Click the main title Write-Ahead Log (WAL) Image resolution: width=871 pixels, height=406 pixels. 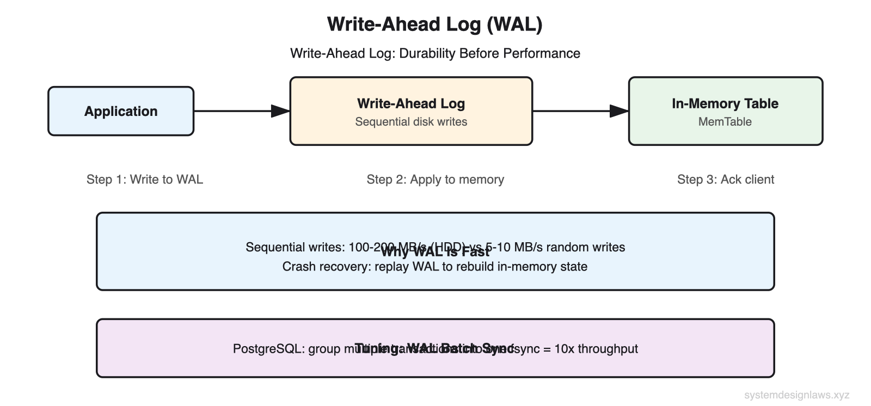(434, 24)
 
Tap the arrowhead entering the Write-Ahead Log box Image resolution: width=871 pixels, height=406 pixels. (281, 111)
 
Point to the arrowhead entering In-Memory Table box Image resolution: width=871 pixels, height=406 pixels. (619, 111)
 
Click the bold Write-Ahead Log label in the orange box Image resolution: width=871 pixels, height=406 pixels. (411, 103)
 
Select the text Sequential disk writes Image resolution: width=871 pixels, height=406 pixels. (411, 122)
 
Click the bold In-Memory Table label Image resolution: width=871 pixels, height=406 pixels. (725, 103)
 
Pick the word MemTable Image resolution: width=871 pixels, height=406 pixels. (725, 122)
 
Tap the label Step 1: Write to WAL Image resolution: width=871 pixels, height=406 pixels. (145, 180)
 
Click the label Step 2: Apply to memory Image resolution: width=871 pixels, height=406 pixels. (435, 180)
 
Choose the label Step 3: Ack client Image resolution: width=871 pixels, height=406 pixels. (725, 180)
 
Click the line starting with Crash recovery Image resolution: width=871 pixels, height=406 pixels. (434, 267)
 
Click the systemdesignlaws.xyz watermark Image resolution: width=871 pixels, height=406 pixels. (796, 395)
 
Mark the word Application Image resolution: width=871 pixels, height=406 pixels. (121, 111)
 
